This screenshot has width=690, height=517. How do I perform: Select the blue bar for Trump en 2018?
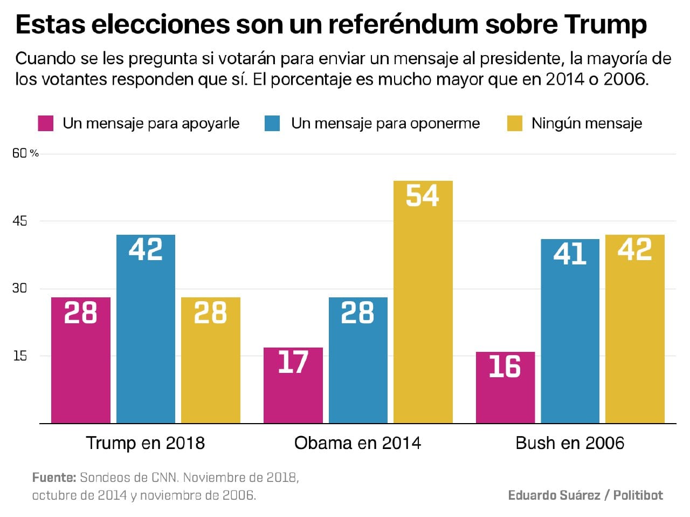coord(146,329)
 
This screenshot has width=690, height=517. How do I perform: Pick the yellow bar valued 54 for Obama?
coord(423,302)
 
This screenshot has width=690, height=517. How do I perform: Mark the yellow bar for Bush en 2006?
coord(634,329)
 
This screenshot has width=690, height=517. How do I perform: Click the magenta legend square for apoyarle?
coord(46,124)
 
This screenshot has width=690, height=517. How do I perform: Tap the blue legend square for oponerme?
coord(272,124)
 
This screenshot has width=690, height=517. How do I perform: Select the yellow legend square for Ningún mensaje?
coord(515,124)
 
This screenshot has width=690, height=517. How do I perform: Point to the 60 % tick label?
coord(25,153)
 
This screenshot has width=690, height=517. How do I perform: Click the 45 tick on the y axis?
coord(20,221)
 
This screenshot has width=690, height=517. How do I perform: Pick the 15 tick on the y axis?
coord(20,356)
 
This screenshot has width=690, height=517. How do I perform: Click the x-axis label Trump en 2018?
coord(146,443)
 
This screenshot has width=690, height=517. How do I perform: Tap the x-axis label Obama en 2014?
coord(357,443)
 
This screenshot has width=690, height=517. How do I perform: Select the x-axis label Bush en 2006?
coord(570,443)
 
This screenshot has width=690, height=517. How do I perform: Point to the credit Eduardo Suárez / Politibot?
coord(585,495)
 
